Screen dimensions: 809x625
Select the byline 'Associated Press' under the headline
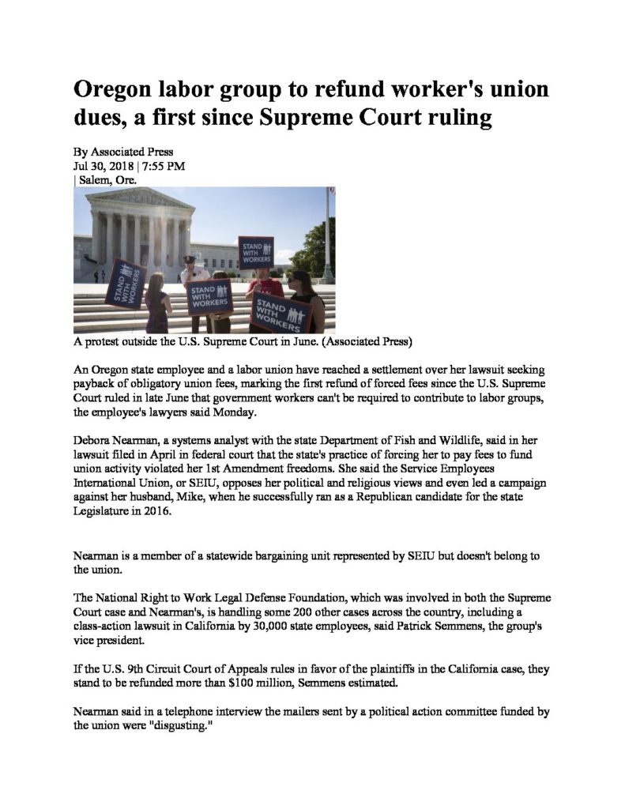132,152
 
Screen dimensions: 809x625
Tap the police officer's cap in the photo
188,260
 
